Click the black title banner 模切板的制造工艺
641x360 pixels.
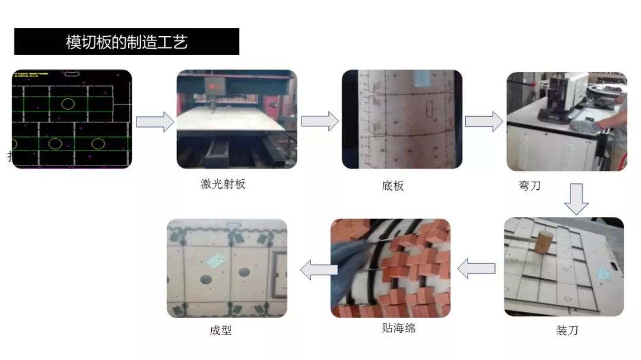126,42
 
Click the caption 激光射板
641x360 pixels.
223,184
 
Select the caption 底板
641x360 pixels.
393,186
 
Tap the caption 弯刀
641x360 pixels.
529,186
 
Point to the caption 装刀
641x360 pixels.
567,330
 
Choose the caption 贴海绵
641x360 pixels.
399,327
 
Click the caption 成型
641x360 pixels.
220,330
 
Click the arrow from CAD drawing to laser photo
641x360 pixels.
154,122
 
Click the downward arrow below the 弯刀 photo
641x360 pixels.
576,199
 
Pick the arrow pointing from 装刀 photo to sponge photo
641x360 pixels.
477,269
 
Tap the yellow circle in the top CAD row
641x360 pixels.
68,104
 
